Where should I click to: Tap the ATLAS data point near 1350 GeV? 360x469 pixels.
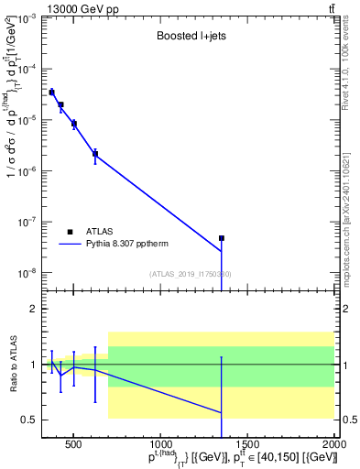coord(222,238)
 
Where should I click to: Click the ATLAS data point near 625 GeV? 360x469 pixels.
coord(95,154)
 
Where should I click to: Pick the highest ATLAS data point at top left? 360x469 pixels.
coord(51,92)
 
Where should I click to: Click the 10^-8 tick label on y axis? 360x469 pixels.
coord(28,273)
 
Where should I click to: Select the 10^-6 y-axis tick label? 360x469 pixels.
coord(28,171)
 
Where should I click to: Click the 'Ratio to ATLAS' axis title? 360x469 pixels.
coord(12,366)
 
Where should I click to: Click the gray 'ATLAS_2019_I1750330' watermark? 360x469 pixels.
coord(190,274)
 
